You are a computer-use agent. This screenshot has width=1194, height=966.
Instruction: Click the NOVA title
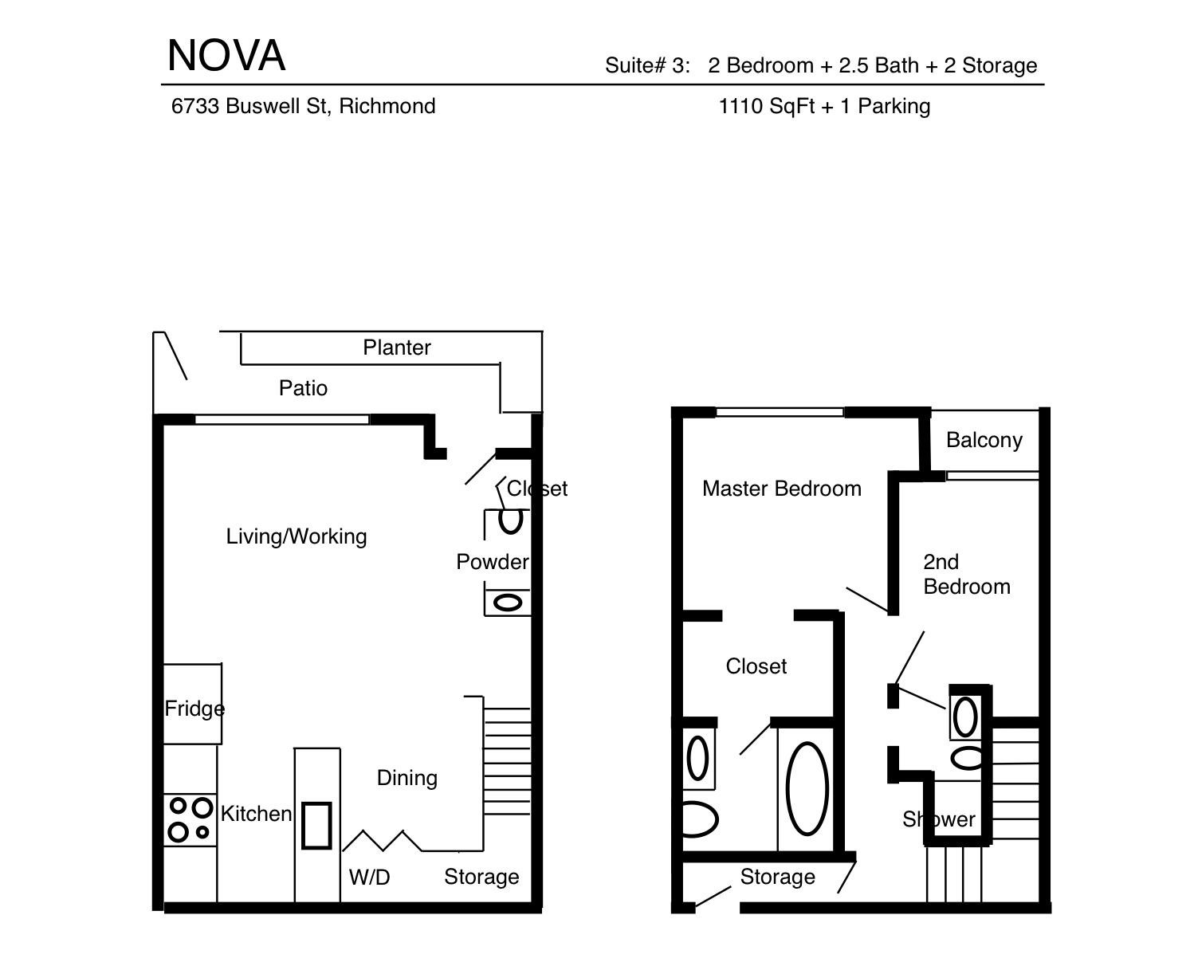click(226, 56)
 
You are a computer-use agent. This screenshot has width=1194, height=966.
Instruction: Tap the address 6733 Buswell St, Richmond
click(303, 106)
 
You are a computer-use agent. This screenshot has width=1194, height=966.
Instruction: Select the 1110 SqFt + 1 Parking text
click(824, 106)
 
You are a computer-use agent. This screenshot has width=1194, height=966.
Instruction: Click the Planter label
click(397, 348)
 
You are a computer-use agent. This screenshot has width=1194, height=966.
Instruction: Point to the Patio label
click(303, 387)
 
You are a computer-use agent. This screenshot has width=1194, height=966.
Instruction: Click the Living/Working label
click(297, 536)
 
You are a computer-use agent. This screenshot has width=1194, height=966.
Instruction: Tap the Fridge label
click(194, 709)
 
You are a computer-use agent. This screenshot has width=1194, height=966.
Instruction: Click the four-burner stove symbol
click(190, 820)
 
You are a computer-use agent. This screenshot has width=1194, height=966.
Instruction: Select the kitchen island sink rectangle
click(316, 826)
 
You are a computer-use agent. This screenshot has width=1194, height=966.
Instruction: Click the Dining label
click(407, 778)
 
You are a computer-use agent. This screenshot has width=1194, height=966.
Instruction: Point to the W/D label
click(369, 877)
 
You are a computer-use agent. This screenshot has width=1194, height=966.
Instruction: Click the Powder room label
click(492, 562)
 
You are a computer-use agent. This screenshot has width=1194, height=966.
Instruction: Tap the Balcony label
click(984, 441)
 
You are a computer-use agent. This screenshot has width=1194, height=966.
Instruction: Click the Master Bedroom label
click(782, 489)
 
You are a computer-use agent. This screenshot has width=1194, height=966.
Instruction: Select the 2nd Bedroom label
click(967, 575)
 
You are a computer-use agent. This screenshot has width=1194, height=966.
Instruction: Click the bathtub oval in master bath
click(807, 788)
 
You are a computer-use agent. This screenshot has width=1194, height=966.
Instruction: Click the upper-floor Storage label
click(777, 877)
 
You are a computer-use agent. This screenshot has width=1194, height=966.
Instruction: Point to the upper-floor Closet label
click(756, 666)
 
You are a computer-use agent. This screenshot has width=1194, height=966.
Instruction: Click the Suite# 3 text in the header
click(647, 65)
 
